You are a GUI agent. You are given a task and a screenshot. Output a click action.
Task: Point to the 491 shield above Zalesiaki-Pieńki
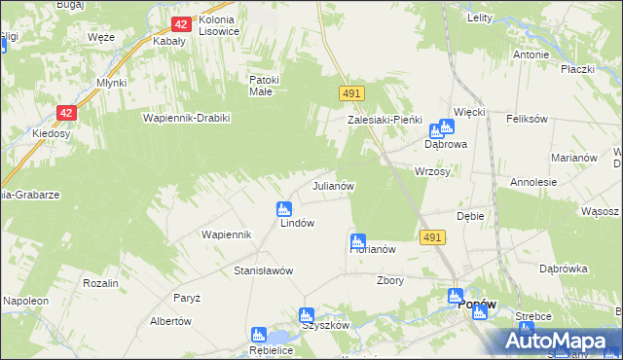(x=352, y=92)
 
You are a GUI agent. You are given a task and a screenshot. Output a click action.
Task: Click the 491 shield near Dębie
(x=433, y=236)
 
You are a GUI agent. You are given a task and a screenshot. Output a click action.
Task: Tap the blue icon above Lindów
(x=284, y=208)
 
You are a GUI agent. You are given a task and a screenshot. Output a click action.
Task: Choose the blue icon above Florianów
(x=358, y=240)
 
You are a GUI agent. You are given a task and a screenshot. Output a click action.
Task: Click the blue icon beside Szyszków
(x=307, y=315)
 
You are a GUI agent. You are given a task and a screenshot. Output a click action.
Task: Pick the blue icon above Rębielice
(x=258, y=335)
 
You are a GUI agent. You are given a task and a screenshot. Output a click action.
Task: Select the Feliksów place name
(x=528, y=119)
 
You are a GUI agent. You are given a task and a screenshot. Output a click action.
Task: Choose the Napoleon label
(x=26, y=302)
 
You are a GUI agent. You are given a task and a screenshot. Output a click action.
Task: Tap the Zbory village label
(x=390, y=279)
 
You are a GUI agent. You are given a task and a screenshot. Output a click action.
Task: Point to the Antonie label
(x=531, y=55)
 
